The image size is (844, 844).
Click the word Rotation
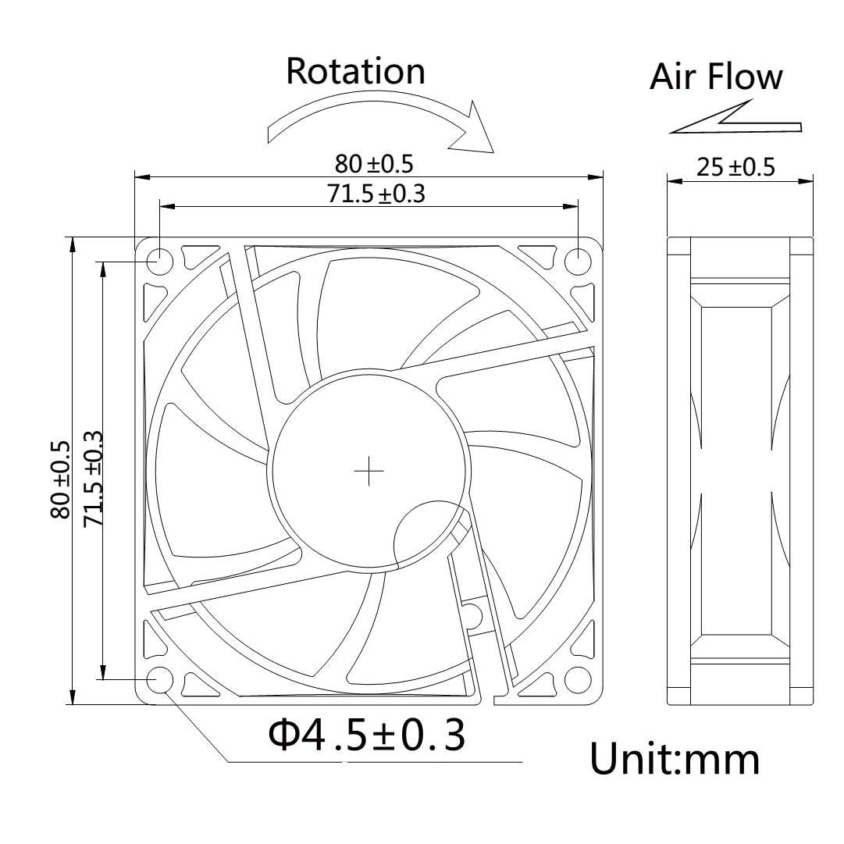click(x=355, y=71)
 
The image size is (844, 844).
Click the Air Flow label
click(x=716, y=77)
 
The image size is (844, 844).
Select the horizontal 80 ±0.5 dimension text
click(x=373, y=164)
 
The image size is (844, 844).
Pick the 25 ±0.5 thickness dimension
click(x=735, y=168)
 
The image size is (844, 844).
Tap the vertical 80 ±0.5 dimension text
click(x=60, y=480)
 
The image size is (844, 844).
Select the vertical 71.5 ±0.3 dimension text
click(x=92, y=478)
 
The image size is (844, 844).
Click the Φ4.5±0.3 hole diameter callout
click(x=366, y=735)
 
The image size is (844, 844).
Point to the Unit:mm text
click(x=674, y=759)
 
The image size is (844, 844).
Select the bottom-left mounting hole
click(x=159, y=679)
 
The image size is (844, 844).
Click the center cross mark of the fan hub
click(x=369, y=471)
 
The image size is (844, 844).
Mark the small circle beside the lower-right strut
click(x=471, y=612)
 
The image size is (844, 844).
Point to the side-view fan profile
click(x=739, y=471)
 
